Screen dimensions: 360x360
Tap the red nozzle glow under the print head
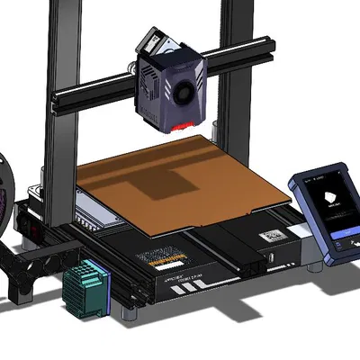[185, 124]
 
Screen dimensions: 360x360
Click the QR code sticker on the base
[271, 236]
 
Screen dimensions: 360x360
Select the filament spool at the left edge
[4, 198]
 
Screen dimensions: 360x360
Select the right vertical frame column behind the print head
[236, 72]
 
